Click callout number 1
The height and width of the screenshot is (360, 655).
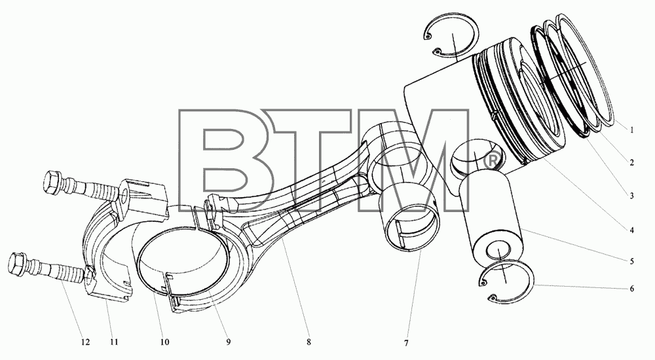(631, 130)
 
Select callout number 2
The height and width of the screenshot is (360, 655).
(631, 162)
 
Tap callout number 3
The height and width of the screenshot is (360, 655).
(631, 196)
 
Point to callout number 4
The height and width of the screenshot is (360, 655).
(631, 230)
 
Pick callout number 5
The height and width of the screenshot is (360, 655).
(631, 261)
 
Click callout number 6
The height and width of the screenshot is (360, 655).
(631, 289)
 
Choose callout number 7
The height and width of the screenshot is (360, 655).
(405, 343)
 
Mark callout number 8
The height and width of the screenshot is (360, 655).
(309, 342)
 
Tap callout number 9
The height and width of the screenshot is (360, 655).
(228, 342)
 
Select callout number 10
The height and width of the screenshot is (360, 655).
(164, 342)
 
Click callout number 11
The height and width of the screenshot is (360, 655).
(114, 342)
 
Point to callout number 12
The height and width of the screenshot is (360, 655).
(84, 342)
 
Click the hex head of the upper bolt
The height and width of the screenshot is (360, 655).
(52, 183)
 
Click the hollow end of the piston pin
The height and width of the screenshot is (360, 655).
(498, 250)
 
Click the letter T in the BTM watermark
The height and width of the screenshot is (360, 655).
(309, 160)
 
